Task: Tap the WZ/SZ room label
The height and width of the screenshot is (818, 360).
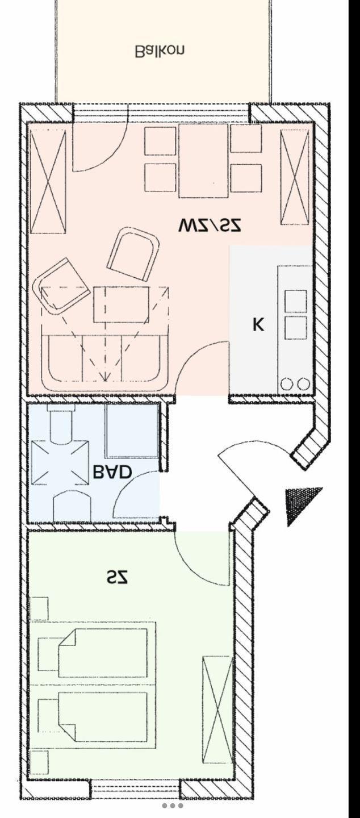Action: tap(210, 226)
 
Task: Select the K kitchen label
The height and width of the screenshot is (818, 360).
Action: tap(258, 324)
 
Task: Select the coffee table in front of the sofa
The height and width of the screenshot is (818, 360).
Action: tap(121, 304)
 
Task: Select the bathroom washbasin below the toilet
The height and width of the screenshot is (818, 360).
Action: tap(72, 506)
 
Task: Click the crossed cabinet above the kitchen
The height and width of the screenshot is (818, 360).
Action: tap(295, 177)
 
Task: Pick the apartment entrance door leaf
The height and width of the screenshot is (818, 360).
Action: tap(237, 475)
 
